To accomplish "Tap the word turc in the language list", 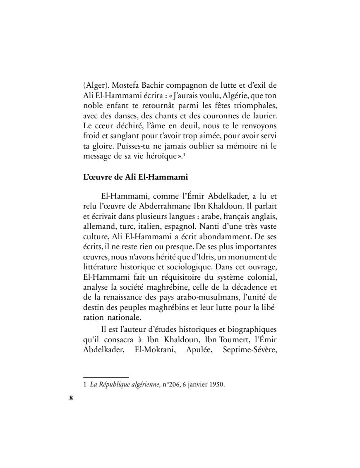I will pos(127,224).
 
